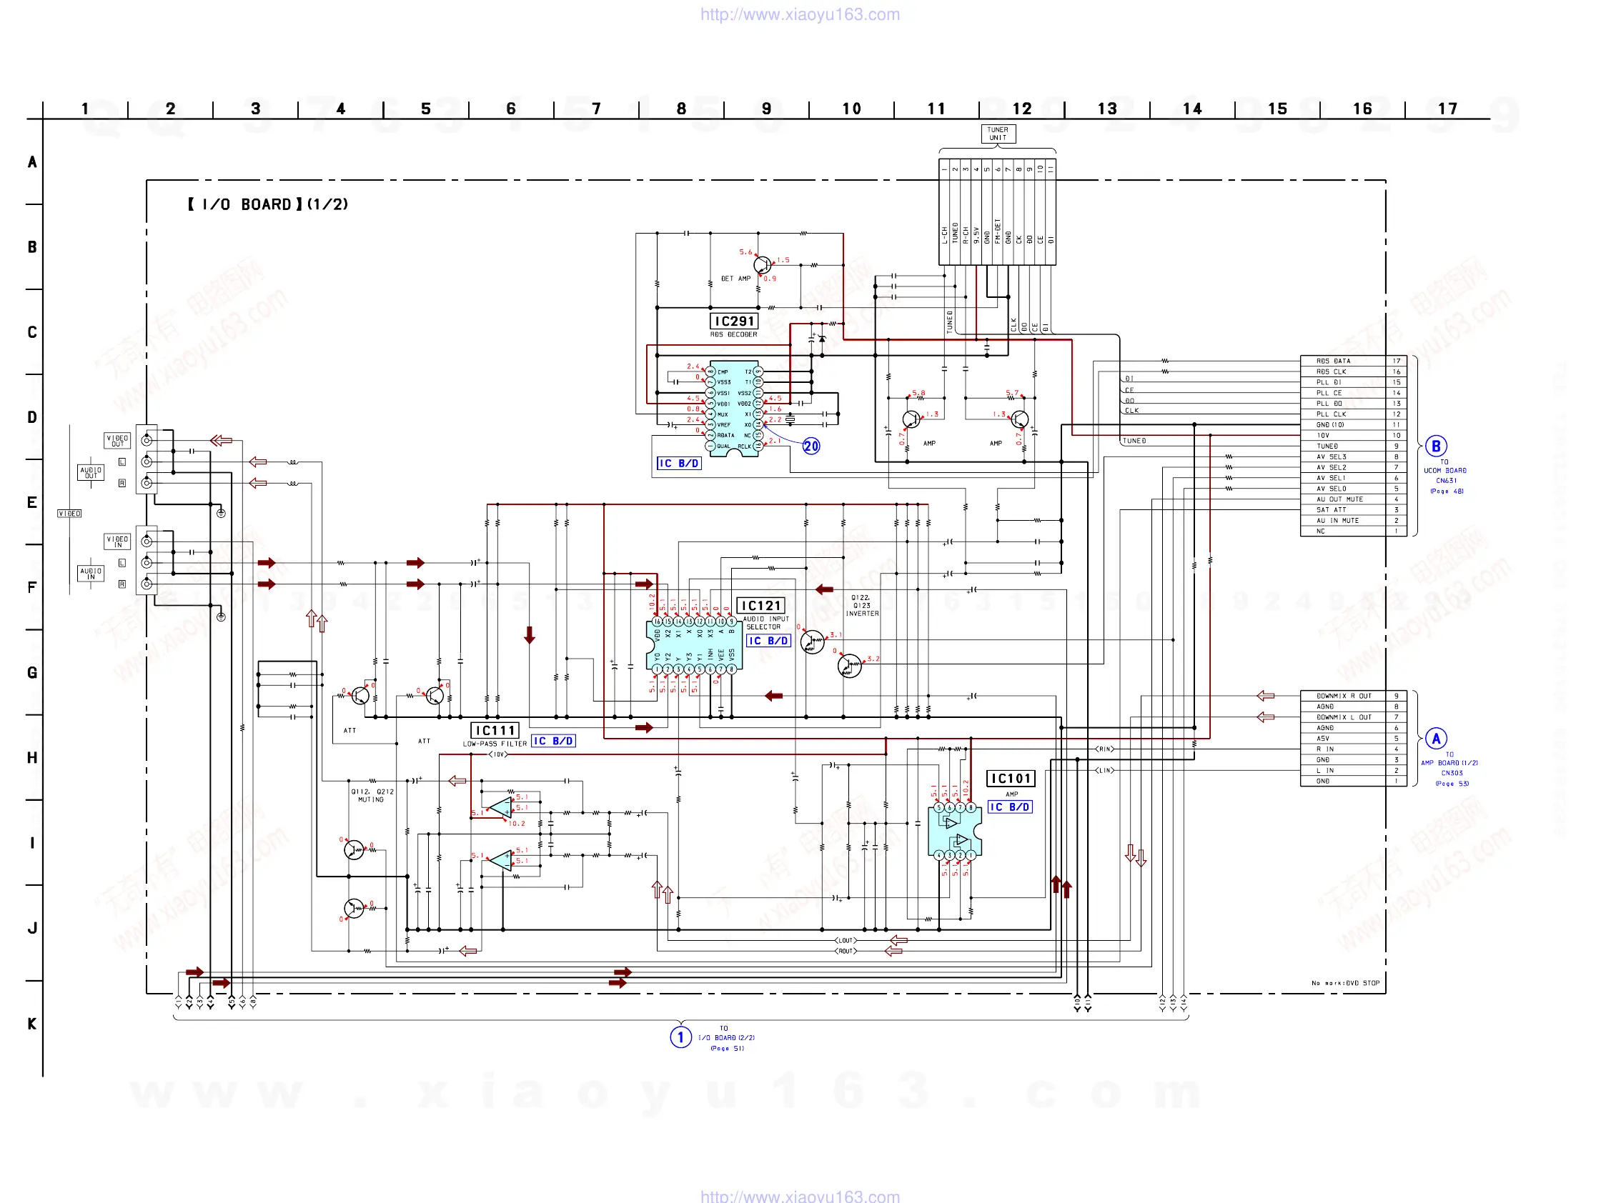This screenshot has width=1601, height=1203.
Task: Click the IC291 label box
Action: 734,321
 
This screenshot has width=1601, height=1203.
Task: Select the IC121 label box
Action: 760,606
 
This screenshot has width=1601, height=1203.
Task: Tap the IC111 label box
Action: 495,731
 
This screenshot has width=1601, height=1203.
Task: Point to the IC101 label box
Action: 1011,779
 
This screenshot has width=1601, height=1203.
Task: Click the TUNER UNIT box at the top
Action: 997,134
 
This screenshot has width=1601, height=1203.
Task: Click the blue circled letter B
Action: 1436,446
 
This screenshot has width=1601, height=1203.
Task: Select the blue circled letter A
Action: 1436,739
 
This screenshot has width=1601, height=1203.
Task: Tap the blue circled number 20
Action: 811,446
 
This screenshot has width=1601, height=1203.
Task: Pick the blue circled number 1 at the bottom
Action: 680,1037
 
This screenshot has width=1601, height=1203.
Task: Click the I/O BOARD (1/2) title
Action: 268,205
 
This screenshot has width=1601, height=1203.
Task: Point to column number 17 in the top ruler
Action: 1447,109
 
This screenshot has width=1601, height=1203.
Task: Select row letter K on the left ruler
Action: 32,1024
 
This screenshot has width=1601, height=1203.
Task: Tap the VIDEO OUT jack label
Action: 117,441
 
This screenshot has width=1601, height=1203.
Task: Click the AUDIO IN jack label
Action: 91,574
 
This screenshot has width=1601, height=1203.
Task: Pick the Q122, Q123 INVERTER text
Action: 861,606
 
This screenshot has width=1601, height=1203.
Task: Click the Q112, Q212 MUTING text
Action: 372,796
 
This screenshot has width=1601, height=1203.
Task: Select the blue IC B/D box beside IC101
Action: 1011,807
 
